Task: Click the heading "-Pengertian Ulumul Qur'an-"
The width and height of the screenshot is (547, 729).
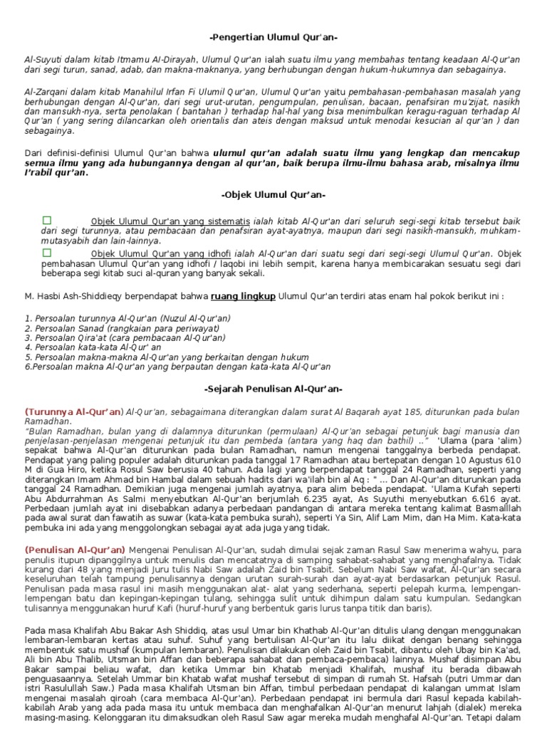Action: click(x=273, y=38)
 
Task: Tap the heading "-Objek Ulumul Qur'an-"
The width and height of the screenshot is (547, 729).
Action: click(x=273, y=194)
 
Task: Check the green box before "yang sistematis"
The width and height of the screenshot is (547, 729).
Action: click(x=47, y=220)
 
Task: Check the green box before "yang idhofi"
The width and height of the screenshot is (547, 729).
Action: click(x=47, y=253)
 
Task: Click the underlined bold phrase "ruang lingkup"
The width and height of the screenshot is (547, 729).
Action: click(x=244, y=296)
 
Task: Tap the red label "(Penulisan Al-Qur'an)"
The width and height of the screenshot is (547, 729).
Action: click(x=75, y=550)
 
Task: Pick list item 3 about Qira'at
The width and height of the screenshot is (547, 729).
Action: click(x=125, y=338)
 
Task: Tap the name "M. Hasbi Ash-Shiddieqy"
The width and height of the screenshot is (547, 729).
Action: click(x=78, y=296)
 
